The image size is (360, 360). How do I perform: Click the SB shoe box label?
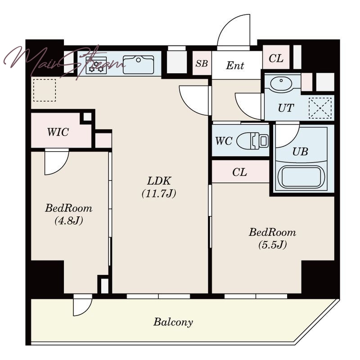(202, 63)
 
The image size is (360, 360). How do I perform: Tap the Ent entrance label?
(235, 65)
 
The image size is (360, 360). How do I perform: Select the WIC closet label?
(58, 132)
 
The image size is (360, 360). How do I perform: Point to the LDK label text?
(159, 181)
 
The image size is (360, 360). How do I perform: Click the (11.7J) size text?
(159, 193)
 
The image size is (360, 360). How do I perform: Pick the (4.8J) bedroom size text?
(69, 220)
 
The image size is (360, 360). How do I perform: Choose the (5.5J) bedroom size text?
(273, 245)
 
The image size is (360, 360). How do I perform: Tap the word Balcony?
(173, 322)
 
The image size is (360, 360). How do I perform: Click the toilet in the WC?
(252, 140)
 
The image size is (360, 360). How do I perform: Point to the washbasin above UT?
(281, 83)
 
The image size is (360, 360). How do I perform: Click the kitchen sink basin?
(139, 65)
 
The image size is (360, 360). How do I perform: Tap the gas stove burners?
(96, 66)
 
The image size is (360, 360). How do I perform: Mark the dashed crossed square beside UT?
(320, 108)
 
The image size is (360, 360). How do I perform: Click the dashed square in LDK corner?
(45, 90)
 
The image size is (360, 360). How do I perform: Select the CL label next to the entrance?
(276, 58)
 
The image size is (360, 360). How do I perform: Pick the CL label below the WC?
(239, 172)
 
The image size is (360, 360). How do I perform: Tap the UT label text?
(286, 108)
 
